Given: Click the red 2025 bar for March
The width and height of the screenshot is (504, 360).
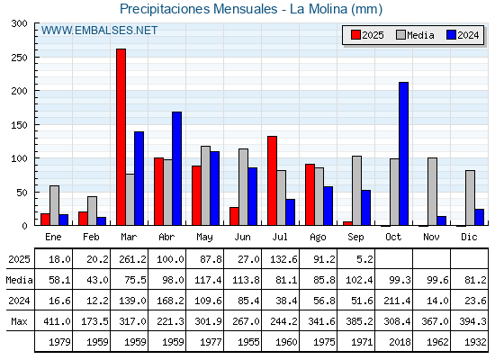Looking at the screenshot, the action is point(121,137).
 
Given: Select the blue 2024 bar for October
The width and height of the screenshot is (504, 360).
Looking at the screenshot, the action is point(404,154).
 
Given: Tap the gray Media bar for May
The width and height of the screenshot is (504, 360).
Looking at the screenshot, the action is point(206,185).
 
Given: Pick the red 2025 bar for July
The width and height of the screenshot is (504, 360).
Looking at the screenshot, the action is point(272,181).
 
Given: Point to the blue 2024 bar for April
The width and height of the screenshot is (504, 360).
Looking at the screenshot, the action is point(176,168).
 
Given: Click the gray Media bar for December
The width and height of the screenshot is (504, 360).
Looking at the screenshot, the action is point(470,198).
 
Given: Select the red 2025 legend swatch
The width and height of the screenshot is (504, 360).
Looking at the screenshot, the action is point(355,35).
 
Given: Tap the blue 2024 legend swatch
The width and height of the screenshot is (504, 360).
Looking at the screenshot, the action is point(451,35).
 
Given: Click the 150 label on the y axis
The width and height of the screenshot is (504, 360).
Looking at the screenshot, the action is point(19,125).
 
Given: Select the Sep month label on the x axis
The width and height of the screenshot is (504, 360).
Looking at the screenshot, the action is point(355,238).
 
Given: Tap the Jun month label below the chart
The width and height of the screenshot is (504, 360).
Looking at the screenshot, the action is point(242,237).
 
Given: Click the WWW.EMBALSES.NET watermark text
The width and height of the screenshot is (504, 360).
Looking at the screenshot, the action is point(99,31).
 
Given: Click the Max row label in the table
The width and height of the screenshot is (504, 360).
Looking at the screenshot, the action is point(19,321).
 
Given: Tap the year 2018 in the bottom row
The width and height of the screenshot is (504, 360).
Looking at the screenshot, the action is point(400,342).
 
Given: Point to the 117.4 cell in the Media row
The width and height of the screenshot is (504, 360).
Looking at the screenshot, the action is point(208,280).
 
